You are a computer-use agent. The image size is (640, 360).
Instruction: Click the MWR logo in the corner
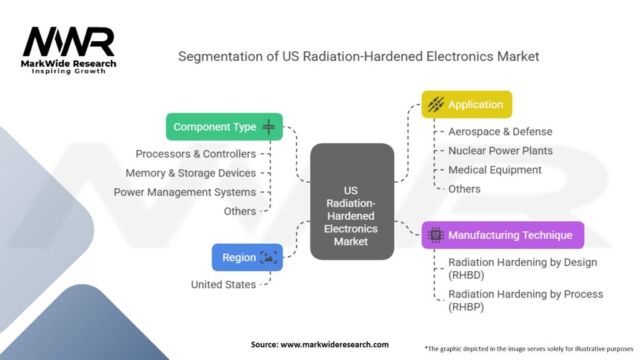69,50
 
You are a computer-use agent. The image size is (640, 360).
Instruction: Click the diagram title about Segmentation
358,56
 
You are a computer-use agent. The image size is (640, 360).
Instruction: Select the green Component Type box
224,127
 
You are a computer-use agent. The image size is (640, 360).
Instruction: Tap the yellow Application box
466,104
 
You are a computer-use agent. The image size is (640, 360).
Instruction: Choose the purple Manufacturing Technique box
502,235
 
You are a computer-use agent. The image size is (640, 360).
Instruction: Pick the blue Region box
247,257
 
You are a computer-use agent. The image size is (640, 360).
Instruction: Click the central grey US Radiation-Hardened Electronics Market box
352,201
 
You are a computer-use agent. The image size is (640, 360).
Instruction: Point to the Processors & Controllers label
196,154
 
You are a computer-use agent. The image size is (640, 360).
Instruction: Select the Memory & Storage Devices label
191,173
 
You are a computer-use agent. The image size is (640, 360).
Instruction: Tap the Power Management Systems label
184,192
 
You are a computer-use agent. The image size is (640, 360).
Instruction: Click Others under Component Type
240,211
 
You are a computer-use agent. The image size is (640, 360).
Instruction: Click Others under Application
464,189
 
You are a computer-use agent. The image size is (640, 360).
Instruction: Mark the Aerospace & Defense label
500,132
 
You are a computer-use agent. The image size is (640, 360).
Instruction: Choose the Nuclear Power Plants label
500,151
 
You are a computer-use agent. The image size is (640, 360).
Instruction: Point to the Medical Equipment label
495,170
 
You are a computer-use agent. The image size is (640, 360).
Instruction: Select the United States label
223,284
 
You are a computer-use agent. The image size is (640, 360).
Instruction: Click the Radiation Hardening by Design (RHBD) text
522,269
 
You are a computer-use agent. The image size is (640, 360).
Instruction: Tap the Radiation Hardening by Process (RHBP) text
526,300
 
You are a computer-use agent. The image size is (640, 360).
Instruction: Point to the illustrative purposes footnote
529,348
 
